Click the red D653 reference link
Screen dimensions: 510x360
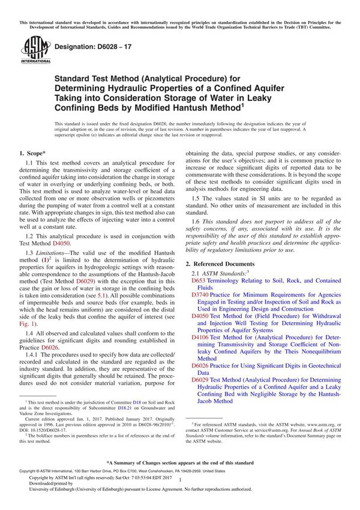(x=199, y=281)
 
